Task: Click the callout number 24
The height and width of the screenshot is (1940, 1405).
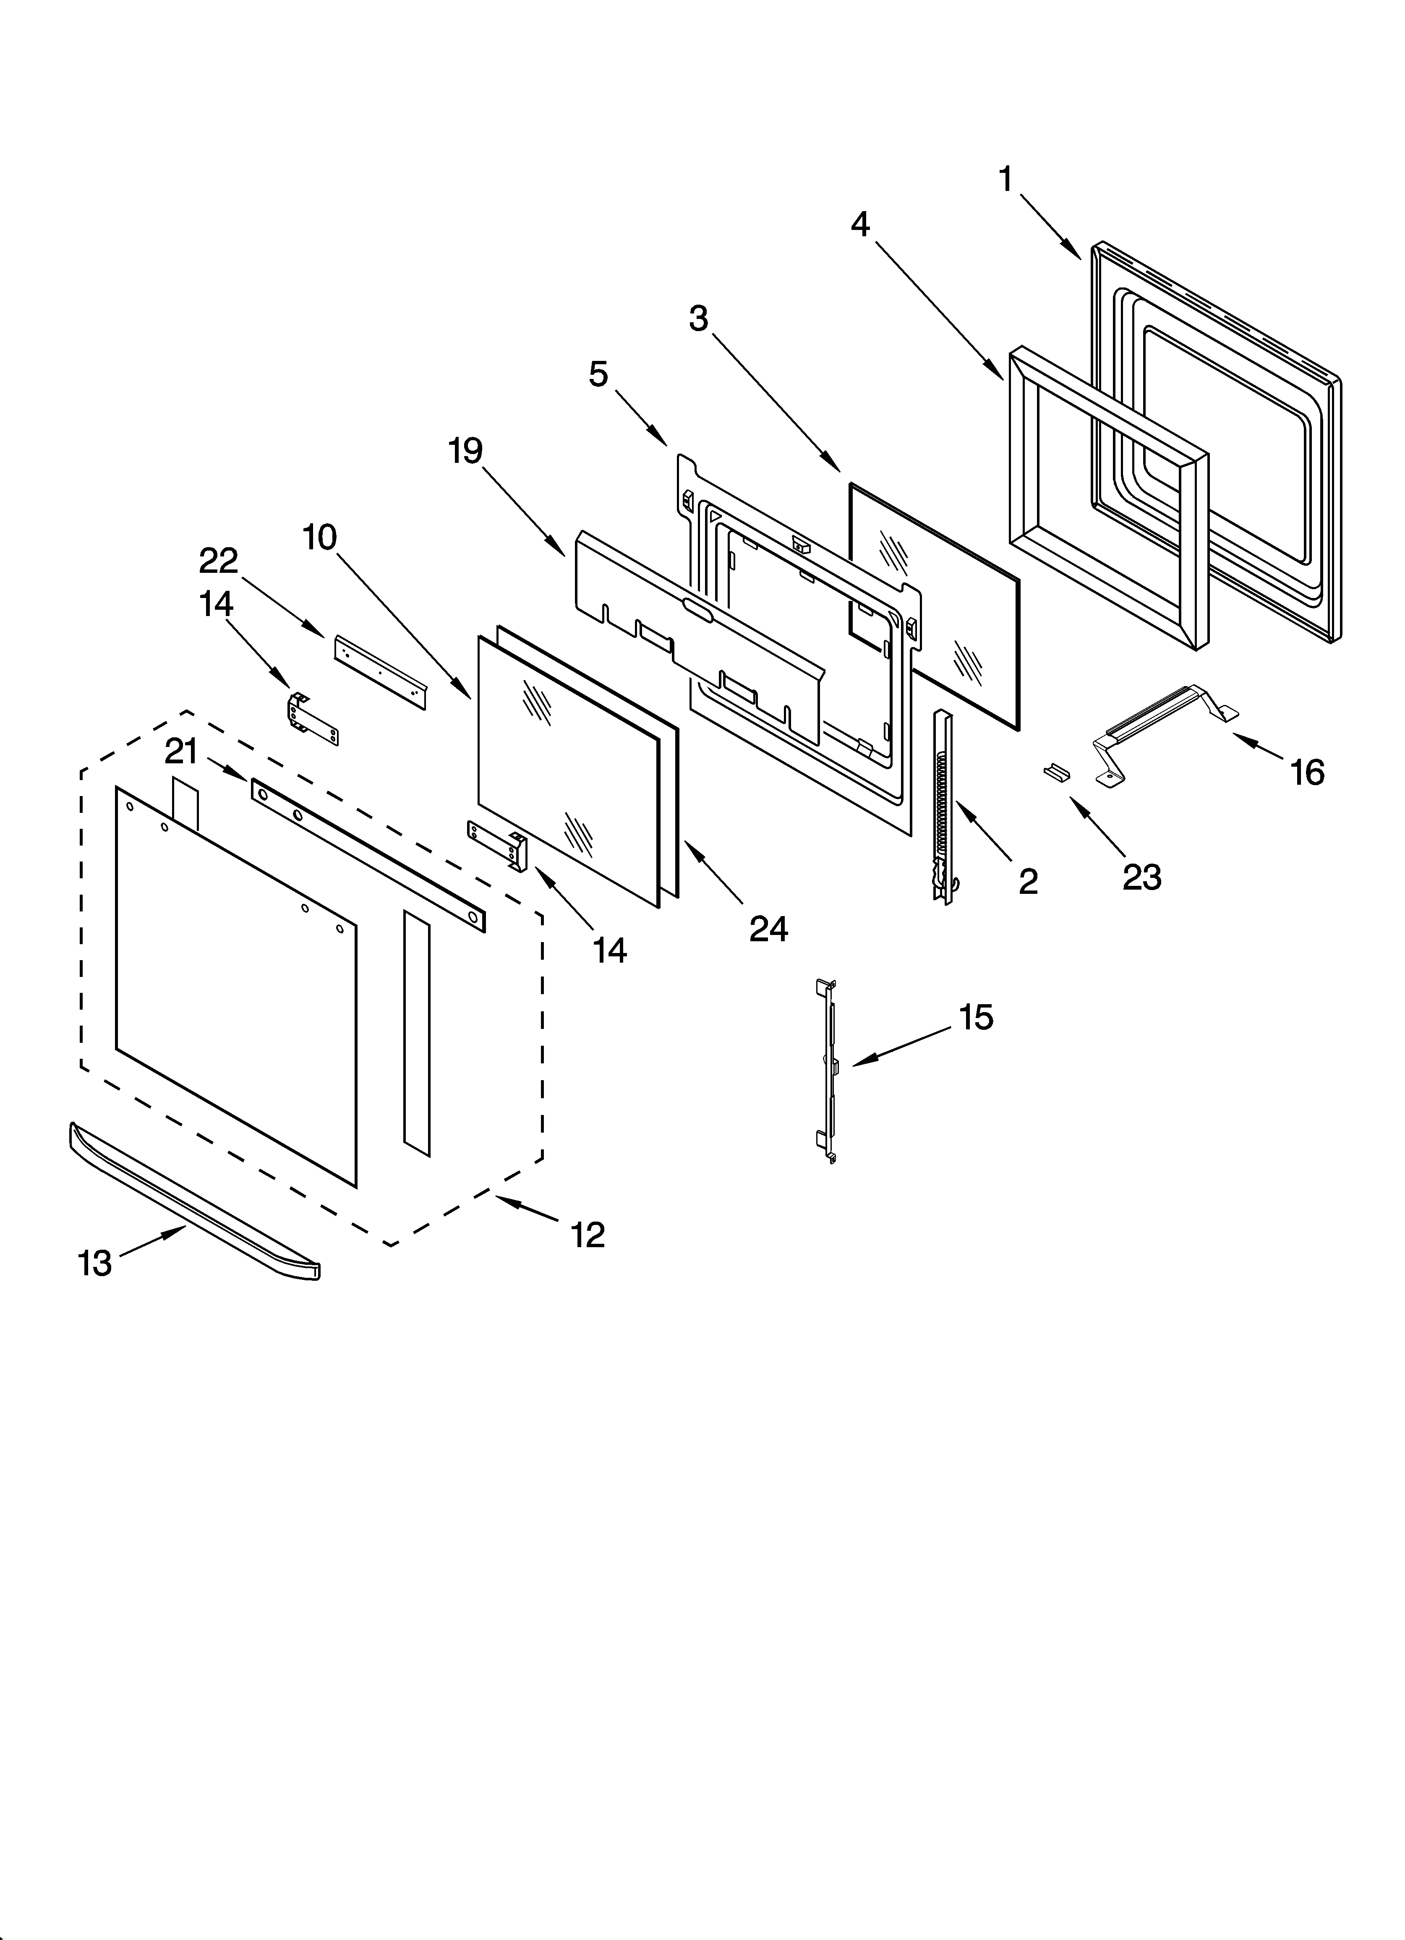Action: coord(768,928)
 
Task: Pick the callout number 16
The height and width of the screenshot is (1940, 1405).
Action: coord(1308,773)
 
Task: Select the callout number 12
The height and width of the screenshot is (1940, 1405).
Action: coord(588,1234)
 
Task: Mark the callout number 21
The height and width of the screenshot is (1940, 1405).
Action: coord(181,752)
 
